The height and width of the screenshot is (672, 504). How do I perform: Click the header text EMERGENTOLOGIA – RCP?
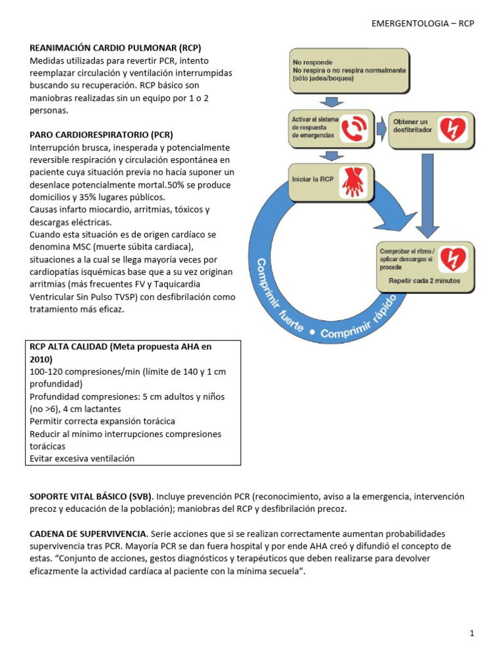423,23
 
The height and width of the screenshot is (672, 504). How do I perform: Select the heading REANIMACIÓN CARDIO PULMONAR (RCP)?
115,48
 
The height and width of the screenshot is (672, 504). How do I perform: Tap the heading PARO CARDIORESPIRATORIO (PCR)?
101,135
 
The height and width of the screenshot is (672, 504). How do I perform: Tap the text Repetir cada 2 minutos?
424,280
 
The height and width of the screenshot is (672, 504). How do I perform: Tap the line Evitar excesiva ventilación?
82,459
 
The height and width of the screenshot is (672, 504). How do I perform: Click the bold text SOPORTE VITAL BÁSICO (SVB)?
91,496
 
